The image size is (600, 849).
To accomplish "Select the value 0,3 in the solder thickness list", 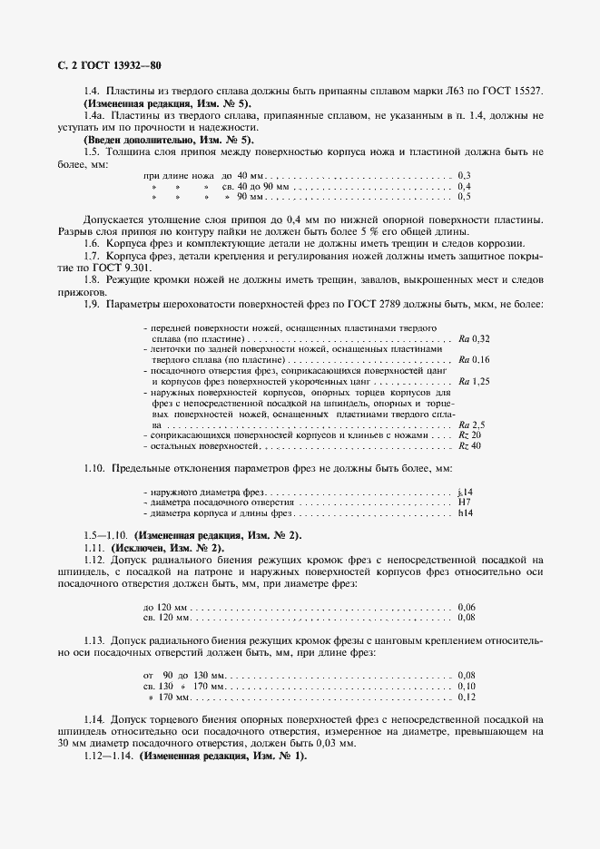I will click(x=465, y=174).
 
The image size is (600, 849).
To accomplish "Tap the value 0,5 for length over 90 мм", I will click(x=465, y=196).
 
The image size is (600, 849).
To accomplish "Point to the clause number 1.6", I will click(x=92, y=244).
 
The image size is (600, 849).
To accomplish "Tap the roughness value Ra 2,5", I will click(x=472, y=424).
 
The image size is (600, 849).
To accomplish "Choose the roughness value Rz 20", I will click(x=469, y=435).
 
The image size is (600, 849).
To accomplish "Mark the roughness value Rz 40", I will click(x=469, y=446).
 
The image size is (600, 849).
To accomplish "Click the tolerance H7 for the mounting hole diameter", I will click(x=464, y=503).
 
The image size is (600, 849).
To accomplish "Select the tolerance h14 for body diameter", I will click(x=466, y=513).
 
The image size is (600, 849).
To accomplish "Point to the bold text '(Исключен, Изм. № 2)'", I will click(x=167, y=549).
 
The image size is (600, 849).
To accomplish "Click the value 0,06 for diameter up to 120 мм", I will click(x=467, y=606).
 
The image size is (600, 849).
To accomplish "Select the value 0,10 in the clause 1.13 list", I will click(x=467, y=686).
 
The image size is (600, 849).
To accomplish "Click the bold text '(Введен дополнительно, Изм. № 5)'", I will click(x=168, y=140).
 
